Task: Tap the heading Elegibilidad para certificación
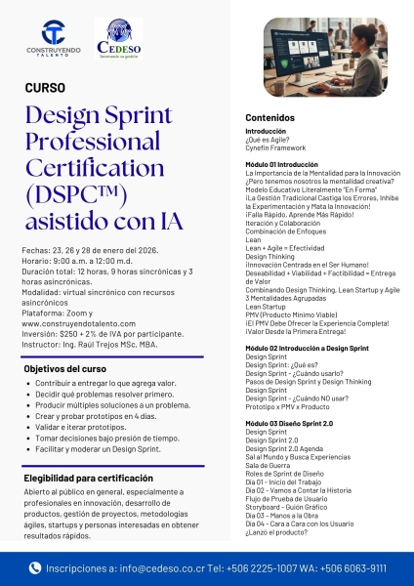(88, 478)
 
